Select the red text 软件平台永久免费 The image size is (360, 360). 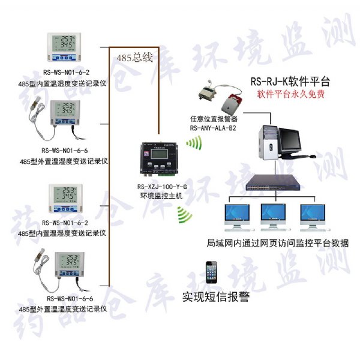click(x=291, y=94)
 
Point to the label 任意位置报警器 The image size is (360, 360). click(x=212, y=119)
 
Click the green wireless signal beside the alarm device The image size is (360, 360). click(x=193, y=143)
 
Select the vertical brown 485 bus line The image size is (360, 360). click(x=108, y=180)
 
